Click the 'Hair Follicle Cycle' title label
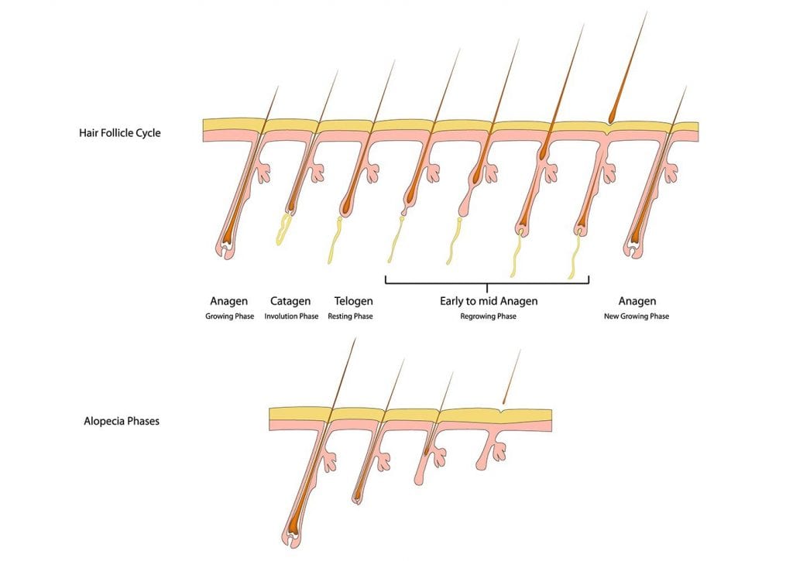pyautogui.click(x=120, y=133)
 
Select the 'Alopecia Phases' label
pyautogui.click(x=122, y=421)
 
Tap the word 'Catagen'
pyautogui.click(x=290, y=301)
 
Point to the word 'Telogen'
pyautogui.click(x=353, y=301)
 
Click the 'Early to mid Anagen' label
pyautogui.click(x=489, y=301)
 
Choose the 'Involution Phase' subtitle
pyautogui.click(x=291, y=316)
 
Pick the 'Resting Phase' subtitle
pyautogui.click(x=350, y=316)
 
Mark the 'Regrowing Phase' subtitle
pyautogui.click(x=488, y=316)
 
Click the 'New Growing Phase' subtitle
pyautogui.click(x=637, y=316)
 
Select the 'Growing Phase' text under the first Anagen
pyautogui.click(x=229, y=316)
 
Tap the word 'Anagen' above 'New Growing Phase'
pyautogui.click(x=637, y=301)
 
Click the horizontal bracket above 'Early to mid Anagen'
pyautogui.click(x=487, y=280)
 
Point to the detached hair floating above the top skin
pyautogui.click(x=627, y=67)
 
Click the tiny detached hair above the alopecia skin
pyautogui.click(x=511, y=377)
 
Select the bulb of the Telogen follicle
pyautogui.click(x=345, y=207)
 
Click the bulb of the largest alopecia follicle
pyautogui.click(x=293, y=535)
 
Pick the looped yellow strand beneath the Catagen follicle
pyautogui.click(x=283, y=230)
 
